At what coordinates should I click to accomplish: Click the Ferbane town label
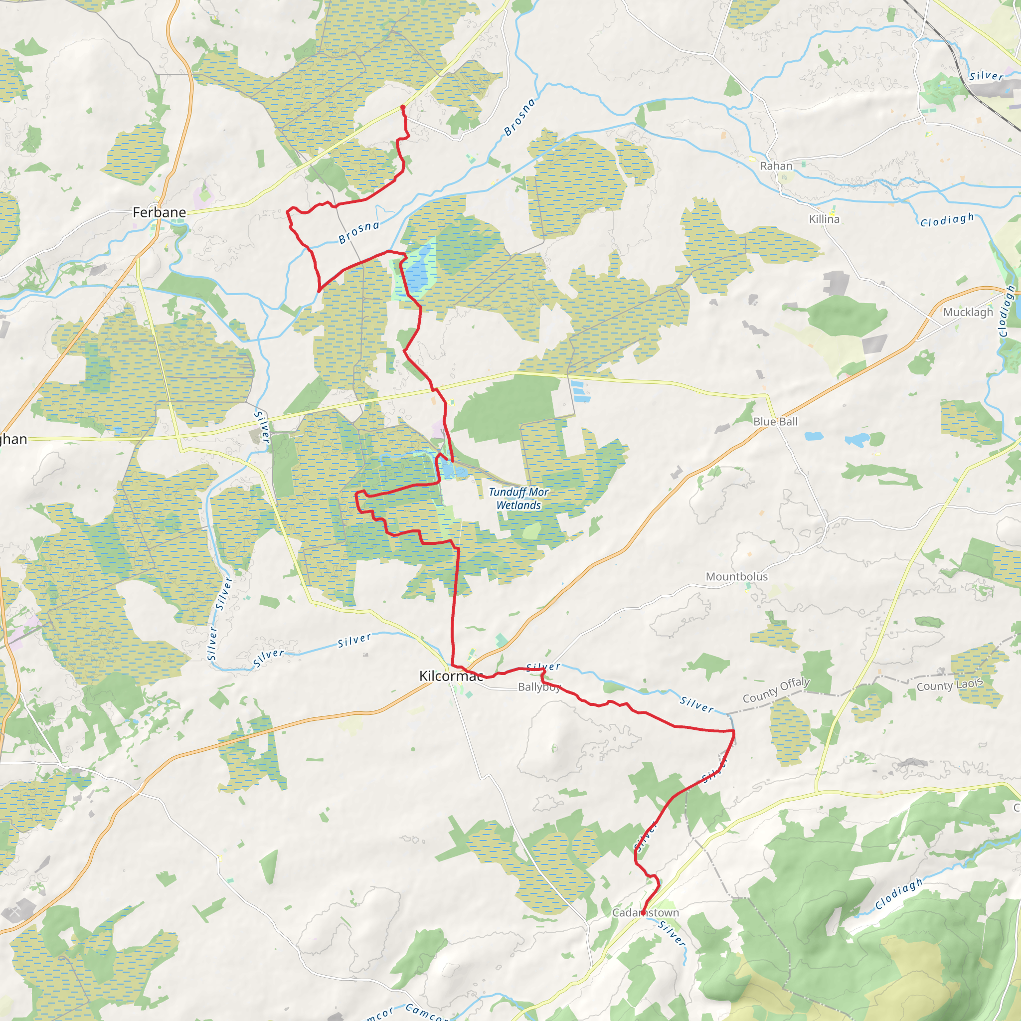click(159, 212)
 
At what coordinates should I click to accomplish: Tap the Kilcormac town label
click(451, 676)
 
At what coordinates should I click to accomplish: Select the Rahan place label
click(776, 166)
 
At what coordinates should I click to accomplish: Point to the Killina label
click(824, 219)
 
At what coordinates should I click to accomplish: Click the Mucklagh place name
click(968, 312)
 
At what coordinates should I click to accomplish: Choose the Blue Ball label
click(775, 421)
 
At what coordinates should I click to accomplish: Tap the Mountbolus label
click(736, 577)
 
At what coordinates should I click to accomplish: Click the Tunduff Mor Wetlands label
click(518, 499)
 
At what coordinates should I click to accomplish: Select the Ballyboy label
click(538, 687)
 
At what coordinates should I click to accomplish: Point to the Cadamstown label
click(645, 913)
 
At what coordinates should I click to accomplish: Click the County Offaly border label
click(776, 690)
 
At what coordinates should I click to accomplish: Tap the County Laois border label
click(949, 685)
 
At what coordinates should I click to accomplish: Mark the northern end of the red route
click(403, 107)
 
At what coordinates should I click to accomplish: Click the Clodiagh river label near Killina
click(947, 220)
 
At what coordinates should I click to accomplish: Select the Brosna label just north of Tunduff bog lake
click(359, 232)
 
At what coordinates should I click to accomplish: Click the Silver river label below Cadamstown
click(672, 933)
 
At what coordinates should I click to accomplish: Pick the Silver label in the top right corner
click(986, 76)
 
